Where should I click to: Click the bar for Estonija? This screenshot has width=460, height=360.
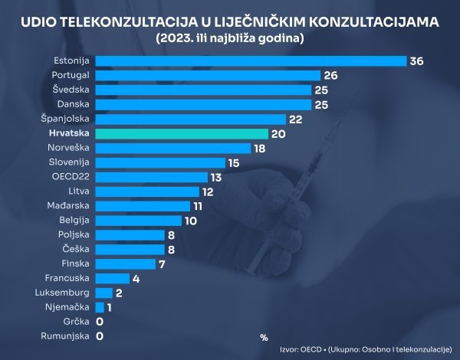(x=250, y=61)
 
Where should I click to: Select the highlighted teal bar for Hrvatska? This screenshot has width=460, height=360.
(x=182, y=133)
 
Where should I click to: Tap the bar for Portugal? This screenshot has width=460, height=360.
(x=207, y=75)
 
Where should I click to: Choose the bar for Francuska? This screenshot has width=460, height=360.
(x=112, y=278)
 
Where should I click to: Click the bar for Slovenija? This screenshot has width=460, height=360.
(x=160, y=162)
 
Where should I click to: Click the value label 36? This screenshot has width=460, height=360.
(x=417, y=61)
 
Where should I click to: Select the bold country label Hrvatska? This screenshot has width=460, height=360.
(x=68, y=133)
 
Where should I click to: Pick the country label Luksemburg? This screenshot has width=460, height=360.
(x=63, y=293)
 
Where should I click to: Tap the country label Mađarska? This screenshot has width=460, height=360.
(x=69, y=205)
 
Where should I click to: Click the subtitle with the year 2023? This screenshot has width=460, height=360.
(x=230, y=38)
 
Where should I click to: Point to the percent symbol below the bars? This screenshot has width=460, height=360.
(x=264, y=336)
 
